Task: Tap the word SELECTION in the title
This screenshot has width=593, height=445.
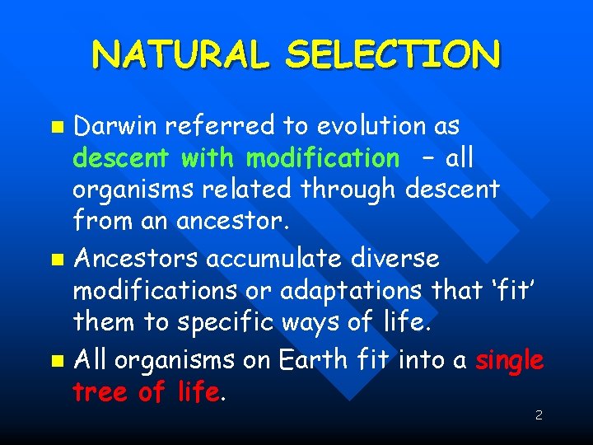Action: click(x=393, y=54)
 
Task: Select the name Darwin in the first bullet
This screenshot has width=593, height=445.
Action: click(x=114, y=126)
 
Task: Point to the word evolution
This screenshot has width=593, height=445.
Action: click(x=384, y=126)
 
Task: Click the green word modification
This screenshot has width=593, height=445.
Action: click(x=322, y=157)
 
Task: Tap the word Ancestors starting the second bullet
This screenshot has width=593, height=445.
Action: click(x=136, y=259)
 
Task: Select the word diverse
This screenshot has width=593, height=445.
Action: click(x=394, y=259)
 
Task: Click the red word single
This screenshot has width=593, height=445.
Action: click(x=509, y=360)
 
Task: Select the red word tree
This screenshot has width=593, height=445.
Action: click(x=100, y=391)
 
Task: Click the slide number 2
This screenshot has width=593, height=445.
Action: click(x=538, y=415)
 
